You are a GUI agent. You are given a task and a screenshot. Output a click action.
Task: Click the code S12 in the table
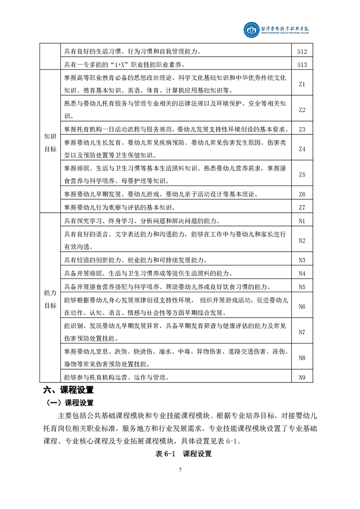point(302,51)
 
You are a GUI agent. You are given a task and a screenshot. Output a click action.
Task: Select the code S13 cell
point(302,64)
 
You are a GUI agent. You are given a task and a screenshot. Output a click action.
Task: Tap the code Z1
point(302,84)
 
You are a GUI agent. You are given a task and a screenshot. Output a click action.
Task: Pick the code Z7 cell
point(302,207)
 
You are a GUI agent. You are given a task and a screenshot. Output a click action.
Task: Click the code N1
point(302,221)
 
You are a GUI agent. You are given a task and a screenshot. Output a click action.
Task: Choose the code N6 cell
point(302,307)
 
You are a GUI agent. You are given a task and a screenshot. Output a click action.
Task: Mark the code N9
point(302,377)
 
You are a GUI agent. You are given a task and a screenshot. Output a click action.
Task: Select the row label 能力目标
point(50,299)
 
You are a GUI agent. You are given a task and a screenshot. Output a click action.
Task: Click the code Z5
point(302,175)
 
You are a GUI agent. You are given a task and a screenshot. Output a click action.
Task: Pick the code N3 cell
point(302,260)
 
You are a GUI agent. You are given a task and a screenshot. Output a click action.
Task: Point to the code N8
point(302,358)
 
